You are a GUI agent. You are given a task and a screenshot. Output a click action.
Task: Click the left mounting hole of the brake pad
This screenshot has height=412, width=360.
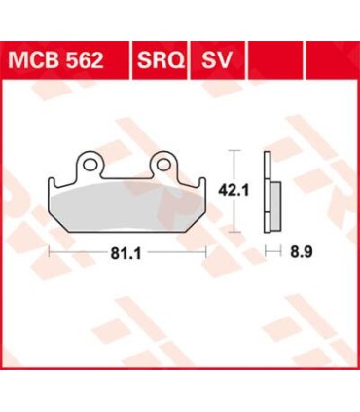[90, 160]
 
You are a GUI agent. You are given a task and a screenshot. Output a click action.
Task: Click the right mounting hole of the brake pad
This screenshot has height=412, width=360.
[162, 160]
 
